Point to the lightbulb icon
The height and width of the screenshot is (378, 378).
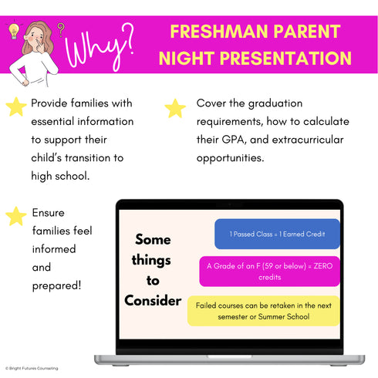pyautogui.click(x=13, y=30)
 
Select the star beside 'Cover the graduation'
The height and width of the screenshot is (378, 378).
pyautogui.click(x=176, y=107)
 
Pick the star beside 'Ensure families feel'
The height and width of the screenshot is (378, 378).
pyautogui.click(x=15, y=216)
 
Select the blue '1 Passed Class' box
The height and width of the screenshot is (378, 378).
pyautogui.click(x=277, y=234)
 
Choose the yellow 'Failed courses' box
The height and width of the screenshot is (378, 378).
pyautogui.click(x=263, y=310)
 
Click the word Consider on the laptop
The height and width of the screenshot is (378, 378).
pyautogui.click(x=153, y=300)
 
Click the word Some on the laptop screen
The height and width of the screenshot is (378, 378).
pyautogui.click(x=153, y=240)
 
